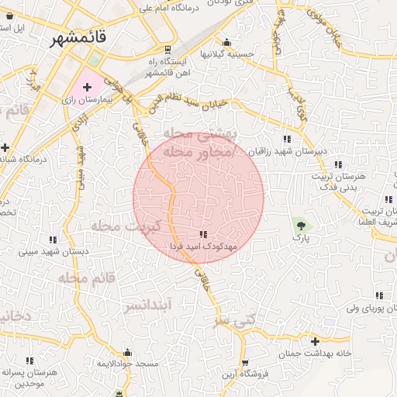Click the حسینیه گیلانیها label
pyautogui.click(x=224, y=54)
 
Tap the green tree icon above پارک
pyautogui.click(x=300, y=226)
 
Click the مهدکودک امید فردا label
pyautogui.click(x=204, y=246)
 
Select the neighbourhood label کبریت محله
pyautogui.click(x=125, y=226)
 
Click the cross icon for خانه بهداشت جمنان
pyautogui.click(x=315, y=341)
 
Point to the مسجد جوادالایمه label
pyautogui.click(x=127, y=363)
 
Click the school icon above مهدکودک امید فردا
pyautogui.click(x=204, y=234)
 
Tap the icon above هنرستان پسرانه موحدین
pyautogui.click(x=29, y=361)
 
